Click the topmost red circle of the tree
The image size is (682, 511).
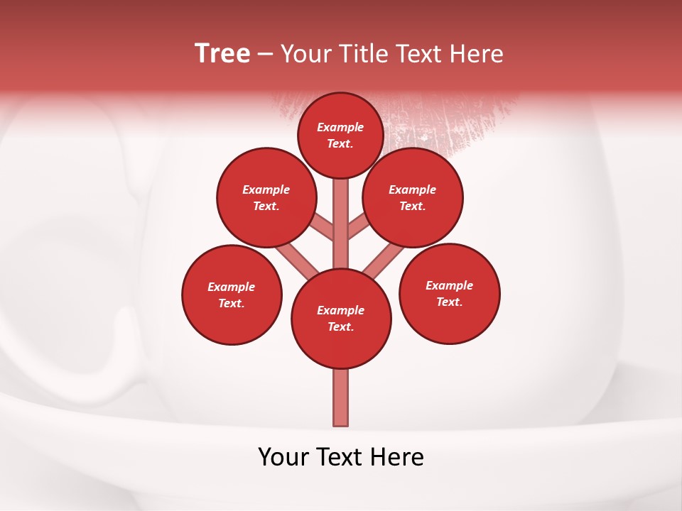click(340, 135)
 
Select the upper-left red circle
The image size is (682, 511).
click(266, 197)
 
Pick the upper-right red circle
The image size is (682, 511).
click(413, 197)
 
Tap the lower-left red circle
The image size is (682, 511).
click(232, 295)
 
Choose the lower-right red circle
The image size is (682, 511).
click(449, 293)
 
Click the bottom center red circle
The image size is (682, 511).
click(341, 318)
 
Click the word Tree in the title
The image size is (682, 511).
click(222, 53)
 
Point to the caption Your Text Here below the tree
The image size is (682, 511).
click(341, 457)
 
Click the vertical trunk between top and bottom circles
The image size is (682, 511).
click(341, 227)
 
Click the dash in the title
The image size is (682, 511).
click(266, 53)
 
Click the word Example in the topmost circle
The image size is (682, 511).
click(340, 127)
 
